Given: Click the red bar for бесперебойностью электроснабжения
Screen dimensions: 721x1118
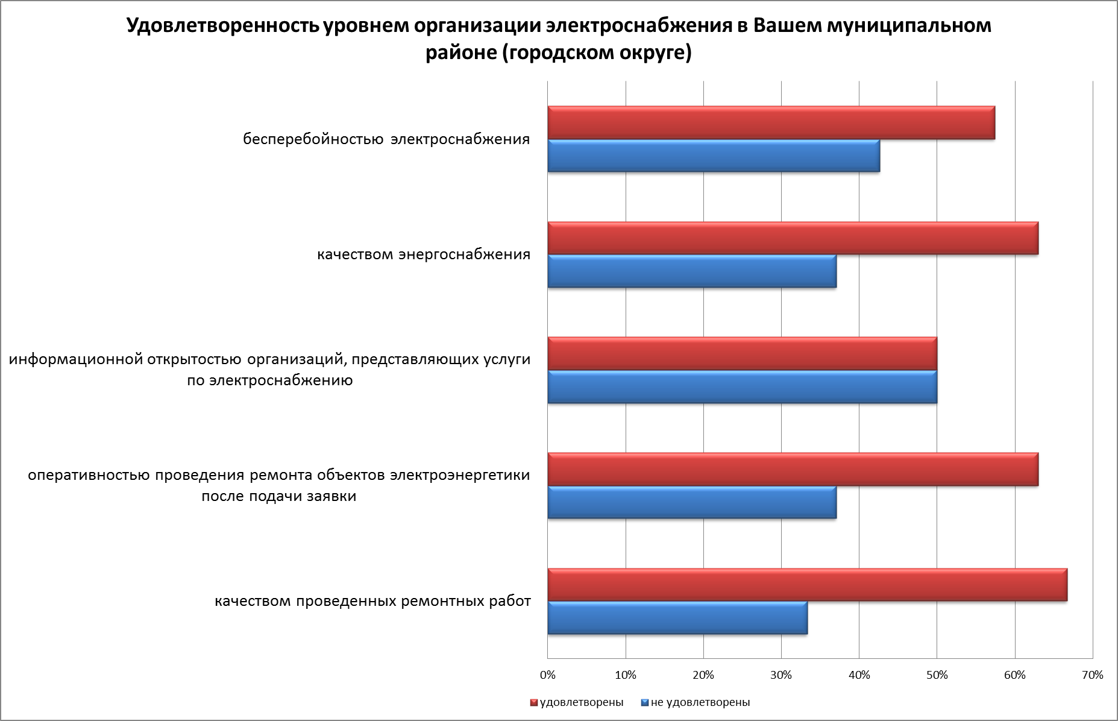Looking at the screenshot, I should point(771,123).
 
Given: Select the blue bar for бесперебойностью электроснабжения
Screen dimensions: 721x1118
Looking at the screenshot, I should point(714,156).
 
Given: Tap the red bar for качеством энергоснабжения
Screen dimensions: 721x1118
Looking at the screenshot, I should point(793,238).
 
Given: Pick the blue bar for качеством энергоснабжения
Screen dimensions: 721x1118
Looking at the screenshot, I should point(692,271).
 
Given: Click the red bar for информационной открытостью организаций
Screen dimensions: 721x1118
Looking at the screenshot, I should point(742,354).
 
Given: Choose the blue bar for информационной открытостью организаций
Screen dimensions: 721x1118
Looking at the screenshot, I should point(742,387).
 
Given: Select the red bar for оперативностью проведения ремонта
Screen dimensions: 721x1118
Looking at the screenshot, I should point(793,470).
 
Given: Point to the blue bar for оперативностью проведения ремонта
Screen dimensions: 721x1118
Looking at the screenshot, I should point(692,502).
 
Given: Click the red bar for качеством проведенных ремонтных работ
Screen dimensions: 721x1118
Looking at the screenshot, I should point(807,585).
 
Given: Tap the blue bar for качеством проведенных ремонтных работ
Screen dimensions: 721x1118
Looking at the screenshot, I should point(677,618).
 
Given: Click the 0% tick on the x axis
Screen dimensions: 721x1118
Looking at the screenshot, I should point(548,675).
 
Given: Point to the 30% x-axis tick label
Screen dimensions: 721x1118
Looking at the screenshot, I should point(781,675).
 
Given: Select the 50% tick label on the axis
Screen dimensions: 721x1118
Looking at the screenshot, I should point(937,675).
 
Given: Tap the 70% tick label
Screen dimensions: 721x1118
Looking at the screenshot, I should point(1092,675).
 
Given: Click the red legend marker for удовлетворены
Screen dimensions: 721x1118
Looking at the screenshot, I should point(533,703).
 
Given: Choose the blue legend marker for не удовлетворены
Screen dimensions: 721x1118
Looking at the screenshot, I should point(644,703).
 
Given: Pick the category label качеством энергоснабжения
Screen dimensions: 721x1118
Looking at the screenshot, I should point(424,254).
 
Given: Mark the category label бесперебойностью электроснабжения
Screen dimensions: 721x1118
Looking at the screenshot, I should point(386,140).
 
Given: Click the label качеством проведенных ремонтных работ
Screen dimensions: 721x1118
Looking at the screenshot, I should point(373,602).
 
